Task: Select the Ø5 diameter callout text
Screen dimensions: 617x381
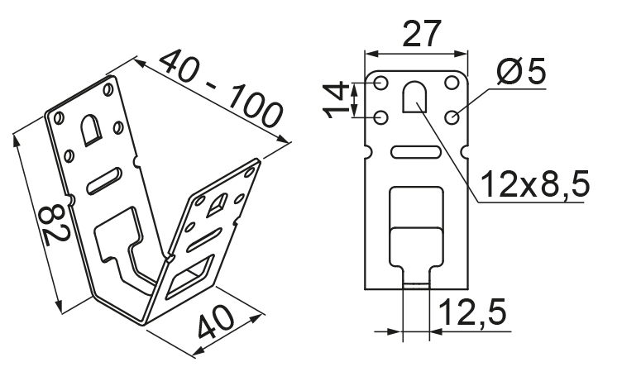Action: pyautogui.click(x=521, y=71)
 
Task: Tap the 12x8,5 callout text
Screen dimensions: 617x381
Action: pyautogui.click(x=535, y=183)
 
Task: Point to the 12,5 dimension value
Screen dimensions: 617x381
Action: pyautogui.click(x=471, y=312)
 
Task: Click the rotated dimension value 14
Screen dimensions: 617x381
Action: pyautogui.click(x=336, y=100)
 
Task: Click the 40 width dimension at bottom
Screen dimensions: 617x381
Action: pyautogui.click(x=215, y=322)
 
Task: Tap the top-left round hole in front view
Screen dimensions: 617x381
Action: pyautogui.click(x=380, y=83)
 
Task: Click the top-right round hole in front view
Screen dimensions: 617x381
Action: pyautogui.click(x=452, y=83)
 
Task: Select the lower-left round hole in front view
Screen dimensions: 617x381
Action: pyautogui.click(x=380, y=117)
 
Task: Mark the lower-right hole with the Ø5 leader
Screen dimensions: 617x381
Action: pyautogui.click(x=452, y=117)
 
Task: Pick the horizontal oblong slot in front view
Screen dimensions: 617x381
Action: pyautogui.click(x=415, y=152)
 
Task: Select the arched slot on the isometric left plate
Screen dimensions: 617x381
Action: pyautogui.click(x=91, y=130)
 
